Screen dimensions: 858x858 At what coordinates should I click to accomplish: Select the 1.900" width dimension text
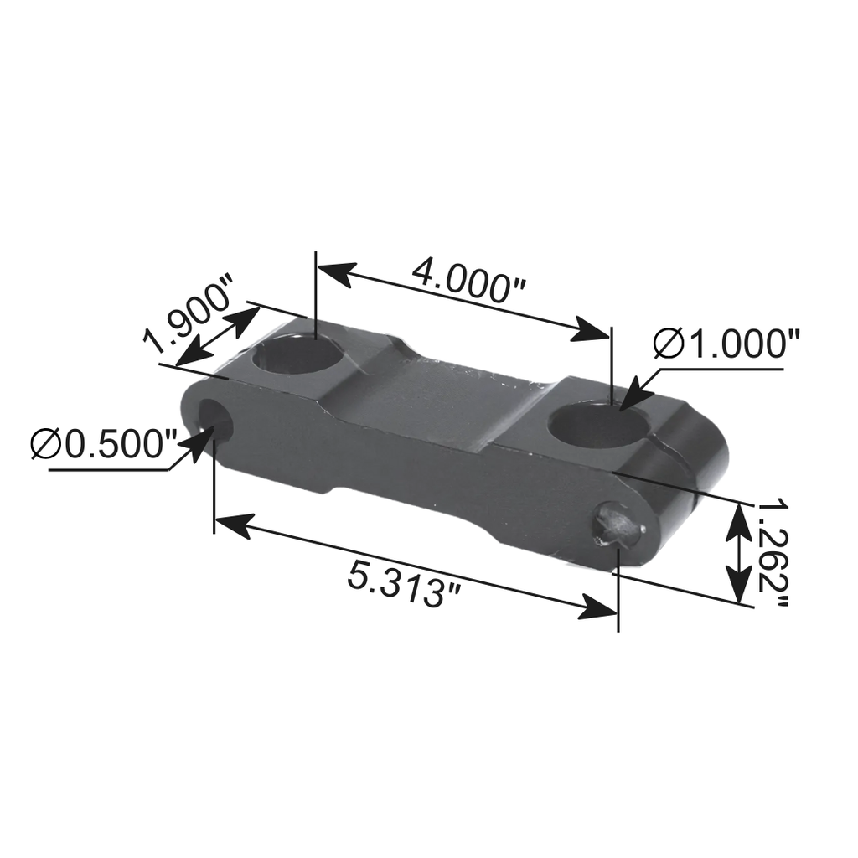click(189, 319)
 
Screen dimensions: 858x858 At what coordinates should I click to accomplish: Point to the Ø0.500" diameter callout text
click(104, 443)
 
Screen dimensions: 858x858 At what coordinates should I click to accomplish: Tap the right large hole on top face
click(598, 422)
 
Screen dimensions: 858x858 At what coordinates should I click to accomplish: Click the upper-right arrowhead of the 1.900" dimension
click(246, 318)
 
